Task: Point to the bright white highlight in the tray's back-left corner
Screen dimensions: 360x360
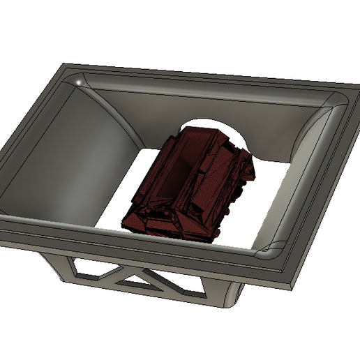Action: coord(80,84)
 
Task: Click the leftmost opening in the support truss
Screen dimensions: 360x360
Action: coord(84,266)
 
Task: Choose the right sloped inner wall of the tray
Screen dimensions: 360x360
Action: coord(307,174)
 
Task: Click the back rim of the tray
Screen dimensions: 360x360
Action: coord(209,75)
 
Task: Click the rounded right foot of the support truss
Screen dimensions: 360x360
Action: coord(230,300)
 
